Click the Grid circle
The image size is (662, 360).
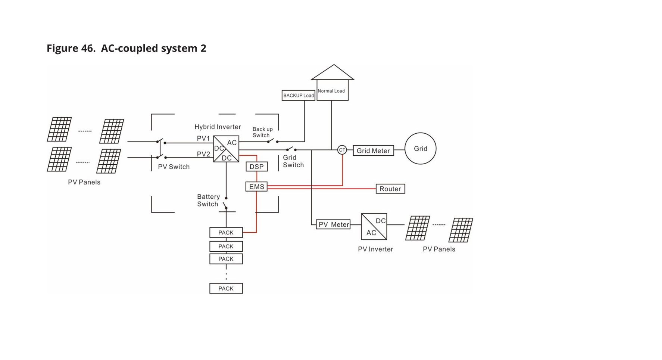click(x=420, y=149)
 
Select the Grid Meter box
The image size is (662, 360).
click(x=373, y=150)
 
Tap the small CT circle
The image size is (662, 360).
click(x=342, y=150)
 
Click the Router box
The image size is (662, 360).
click(x=390, y=189)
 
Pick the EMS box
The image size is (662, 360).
click(x=256, y=186)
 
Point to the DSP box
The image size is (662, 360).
click(x=256, y=167)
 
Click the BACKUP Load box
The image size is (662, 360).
click(x=298, y=95)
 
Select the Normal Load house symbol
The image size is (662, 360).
click(x=332, y=84)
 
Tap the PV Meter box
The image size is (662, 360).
click(x=333, y=224)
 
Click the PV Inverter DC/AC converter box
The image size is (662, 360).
click(x=374, y=227)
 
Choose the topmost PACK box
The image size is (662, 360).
click(x=226, y=233)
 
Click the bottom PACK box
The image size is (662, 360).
click(x=226, y=288)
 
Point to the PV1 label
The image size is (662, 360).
click(x=203, y=139)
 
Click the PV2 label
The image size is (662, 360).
click(x=203, y=154)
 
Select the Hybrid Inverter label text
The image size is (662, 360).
click(x=218, y=127)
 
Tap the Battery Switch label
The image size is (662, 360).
click(x=208, y=200)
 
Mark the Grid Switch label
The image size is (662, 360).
click(x=293, y=161)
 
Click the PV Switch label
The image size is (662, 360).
click(x=174, y=167)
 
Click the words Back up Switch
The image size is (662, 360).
click(x=262, y=132)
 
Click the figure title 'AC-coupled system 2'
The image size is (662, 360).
click(x=153, y=48)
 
